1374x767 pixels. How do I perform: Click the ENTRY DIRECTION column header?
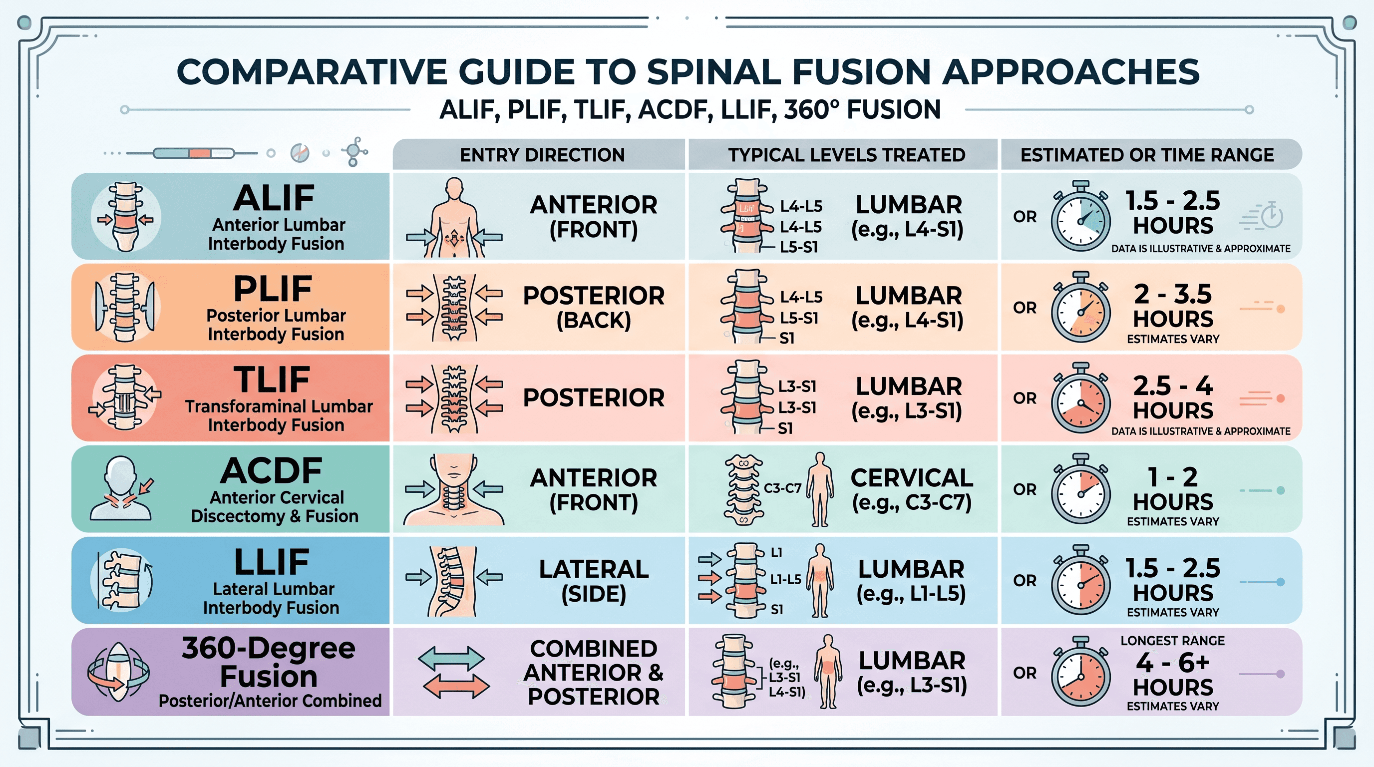coord(542,155)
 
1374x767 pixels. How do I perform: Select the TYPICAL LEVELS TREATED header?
coord(846,155)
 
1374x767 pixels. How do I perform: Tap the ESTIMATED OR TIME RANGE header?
coord(1147,155)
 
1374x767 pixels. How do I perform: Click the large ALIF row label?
coord(274,198)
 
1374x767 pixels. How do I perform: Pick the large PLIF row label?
coord(273,289)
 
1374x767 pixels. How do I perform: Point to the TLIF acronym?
coord(272,380)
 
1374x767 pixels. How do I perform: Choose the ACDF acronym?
coord(272,470)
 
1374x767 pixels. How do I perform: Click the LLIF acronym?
coord(272,562)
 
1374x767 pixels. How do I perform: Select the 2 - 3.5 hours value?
coord(1173,306)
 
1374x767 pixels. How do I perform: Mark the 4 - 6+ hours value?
coord(1173,675)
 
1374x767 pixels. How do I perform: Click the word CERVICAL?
coord(912,477)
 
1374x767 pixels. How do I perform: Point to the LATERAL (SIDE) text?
coord(594,581)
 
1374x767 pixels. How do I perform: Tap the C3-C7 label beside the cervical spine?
coord(782,488)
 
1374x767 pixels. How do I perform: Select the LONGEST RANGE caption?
coord(1172,641)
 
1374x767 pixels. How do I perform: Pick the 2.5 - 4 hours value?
coord(1173,398)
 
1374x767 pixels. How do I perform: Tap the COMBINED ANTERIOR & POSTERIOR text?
coord(594,673)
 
